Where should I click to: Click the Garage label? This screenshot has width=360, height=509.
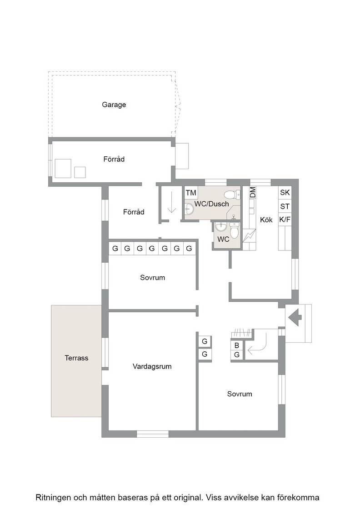pyautogui.click(x=114, y=105)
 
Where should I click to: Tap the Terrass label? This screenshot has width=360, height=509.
pyautogui.click(x=76, y=358)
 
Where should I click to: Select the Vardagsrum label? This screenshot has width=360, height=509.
pyautogui.click(x=152, y=366)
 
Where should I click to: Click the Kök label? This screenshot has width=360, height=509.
pyautogui.click(x=266, y=220)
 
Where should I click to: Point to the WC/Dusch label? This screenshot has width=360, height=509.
pyautogui.click(x=212, y=204)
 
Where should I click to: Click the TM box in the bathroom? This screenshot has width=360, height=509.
pyautogui.click(x=191, y=193)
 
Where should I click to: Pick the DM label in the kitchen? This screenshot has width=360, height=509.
pyautogui.click(x=253, y=192)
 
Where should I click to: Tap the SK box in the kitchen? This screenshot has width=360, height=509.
pyautogui.click(x=285, y=192)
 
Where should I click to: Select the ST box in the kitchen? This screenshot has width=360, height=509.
pyautogui.click(x=285, y=206)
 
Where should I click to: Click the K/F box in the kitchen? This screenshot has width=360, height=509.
pyautogui.click(x=285, y=220)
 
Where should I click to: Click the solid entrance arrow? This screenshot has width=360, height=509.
pyautogui.click(x=295, y=317)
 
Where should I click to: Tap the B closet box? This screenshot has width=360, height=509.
pyautogui.click(x=237, y=345)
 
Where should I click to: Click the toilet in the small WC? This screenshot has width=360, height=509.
pyautogui.click(x=234, y=230)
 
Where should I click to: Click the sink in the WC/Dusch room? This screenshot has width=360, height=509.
pyautogui.click(x=189, y=209)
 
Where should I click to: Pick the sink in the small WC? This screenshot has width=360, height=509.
pyautogui.click(x=221, y=226)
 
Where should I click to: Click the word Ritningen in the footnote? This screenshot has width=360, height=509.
pyautogui.click(x=53, y=498)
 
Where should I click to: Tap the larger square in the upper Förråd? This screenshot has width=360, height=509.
pyautogui.click(x=63, y=168)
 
